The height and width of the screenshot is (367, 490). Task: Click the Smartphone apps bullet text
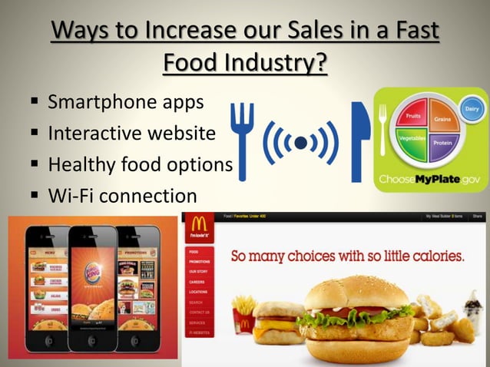[127, 102]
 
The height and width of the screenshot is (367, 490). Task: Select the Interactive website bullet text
[131, 133]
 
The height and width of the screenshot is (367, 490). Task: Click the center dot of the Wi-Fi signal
[300, 143]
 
